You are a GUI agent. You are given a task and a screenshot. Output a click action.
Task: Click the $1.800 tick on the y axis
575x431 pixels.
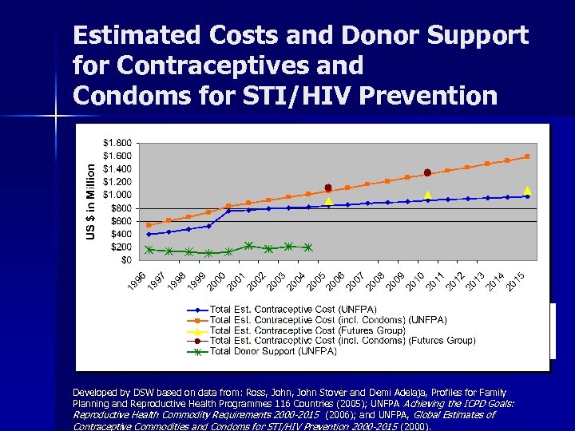(118, 143)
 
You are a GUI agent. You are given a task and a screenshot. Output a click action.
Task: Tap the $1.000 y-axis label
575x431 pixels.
(118, 195)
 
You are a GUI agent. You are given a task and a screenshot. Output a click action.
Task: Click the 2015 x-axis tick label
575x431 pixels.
(517, 281)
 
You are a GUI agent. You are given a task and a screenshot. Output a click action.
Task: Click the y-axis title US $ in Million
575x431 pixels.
(93, 201)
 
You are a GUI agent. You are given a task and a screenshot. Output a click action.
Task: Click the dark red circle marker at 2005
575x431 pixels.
(328, 188)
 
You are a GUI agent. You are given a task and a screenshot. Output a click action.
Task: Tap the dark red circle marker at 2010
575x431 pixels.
(427, 172)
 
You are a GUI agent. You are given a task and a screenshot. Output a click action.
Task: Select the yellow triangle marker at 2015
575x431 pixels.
(527, 190)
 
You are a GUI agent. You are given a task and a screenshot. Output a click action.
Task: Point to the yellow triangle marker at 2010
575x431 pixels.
(427, 195)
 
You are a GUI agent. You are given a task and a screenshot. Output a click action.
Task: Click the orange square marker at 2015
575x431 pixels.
(527, 156)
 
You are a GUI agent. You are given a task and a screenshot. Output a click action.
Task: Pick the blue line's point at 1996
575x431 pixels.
(149, 234)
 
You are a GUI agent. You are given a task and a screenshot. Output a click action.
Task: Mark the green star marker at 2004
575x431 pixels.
(308, 247)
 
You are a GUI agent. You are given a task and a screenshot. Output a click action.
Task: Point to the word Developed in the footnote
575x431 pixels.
(93, 393)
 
